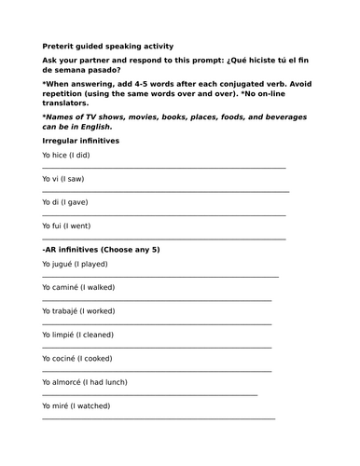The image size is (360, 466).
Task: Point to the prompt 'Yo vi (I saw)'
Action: tap(69, 178)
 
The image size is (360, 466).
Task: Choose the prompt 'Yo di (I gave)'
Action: tap(71, 201)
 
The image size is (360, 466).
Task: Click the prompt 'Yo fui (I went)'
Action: tap(73, 225)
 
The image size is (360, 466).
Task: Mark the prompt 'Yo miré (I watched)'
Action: tap(76, 405)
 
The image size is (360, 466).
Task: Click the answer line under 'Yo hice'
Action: tap(163, 167)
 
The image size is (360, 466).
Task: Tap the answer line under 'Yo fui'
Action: tap(163, 238)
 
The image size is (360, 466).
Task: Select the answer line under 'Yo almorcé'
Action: tap(149, 394)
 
